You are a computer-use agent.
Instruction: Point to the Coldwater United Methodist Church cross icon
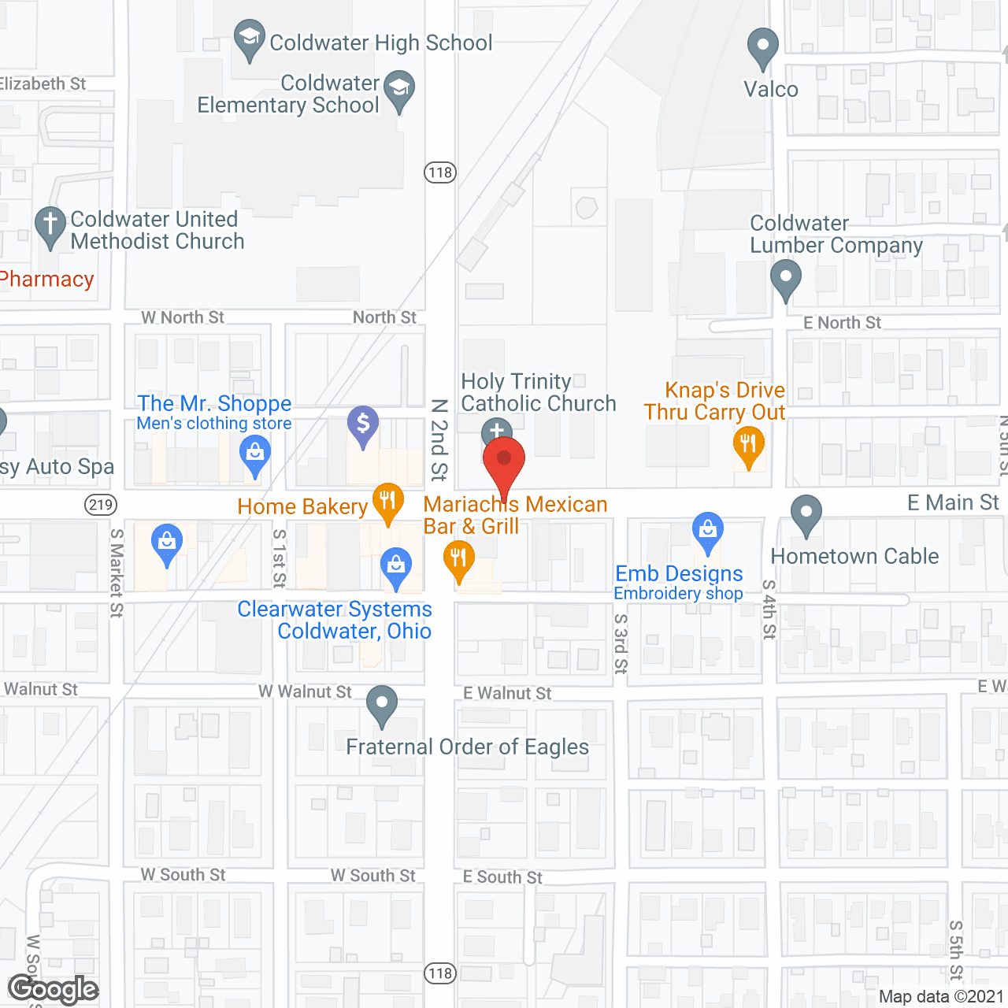50,225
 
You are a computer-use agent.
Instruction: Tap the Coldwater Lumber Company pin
785,278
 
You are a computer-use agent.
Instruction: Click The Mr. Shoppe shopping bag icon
254,454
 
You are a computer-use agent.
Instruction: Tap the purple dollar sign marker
363,424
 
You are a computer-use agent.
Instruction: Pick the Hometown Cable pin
806,513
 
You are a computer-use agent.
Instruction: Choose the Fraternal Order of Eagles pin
382,704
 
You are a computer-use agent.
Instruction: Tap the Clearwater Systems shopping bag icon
395,566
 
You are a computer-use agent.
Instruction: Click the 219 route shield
101,505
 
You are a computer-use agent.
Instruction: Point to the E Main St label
953,502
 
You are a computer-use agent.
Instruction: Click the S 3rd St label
621,643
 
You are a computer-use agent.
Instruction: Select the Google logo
54,989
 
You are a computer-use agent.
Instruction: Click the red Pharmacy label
47,280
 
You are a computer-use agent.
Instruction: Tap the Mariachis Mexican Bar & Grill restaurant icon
458,561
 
